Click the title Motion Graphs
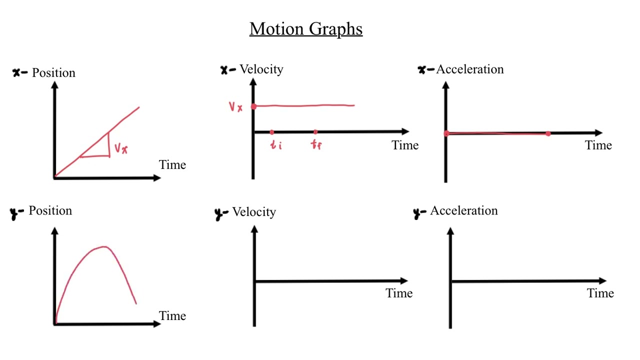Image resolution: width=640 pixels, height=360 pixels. pyautogui.click(x=306, y=29)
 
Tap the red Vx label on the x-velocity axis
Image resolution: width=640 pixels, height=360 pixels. pyautogui.click(x=235, y=107)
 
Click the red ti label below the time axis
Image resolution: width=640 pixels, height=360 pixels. pyautogui.click(x=276, y=146)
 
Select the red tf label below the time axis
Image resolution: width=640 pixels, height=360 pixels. pyautogui.click(x=316, y=146)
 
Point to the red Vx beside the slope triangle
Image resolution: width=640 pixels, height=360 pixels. pyautogui.click(x=121, y=148)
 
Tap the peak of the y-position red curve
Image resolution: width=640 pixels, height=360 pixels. pyautogui.click(x=104, y=246)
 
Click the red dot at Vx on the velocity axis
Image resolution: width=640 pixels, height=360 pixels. pyautogui.click(x=253, y=106)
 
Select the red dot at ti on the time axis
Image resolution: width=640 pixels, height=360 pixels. pyautogui.click(x=271, y=132)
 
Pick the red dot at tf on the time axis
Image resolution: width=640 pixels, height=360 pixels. pyautogui.click(x=315, y=132)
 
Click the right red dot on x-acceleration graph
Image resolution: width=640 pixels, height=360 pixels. pyautogui.click(x=548, y=133)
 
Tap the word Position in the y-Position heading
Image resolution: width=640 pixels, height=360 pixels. pyautogui.click(x=50, y=210)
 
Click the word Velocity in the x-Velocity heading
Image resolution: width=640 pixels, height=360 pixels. pyautogui.click(x=261, y=69)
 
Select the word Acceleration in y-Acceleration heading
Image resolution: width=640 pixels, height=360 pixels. pyautogui.click(x=463, y=210)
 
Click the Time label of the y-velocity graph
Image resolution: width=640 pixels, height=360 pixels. pyautogui.click(x=399, y=293)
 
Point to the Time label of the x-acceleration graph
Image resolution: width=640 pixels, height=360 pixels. pyautogui.click(x=598, y=145)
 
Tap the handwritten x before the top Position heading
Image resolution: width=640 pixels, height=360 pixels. pyautogui.click(x=17, y=73)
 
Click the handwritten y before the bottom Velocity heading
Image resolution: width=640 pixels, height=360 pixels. pyautogui.click(x=219, y=213)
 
